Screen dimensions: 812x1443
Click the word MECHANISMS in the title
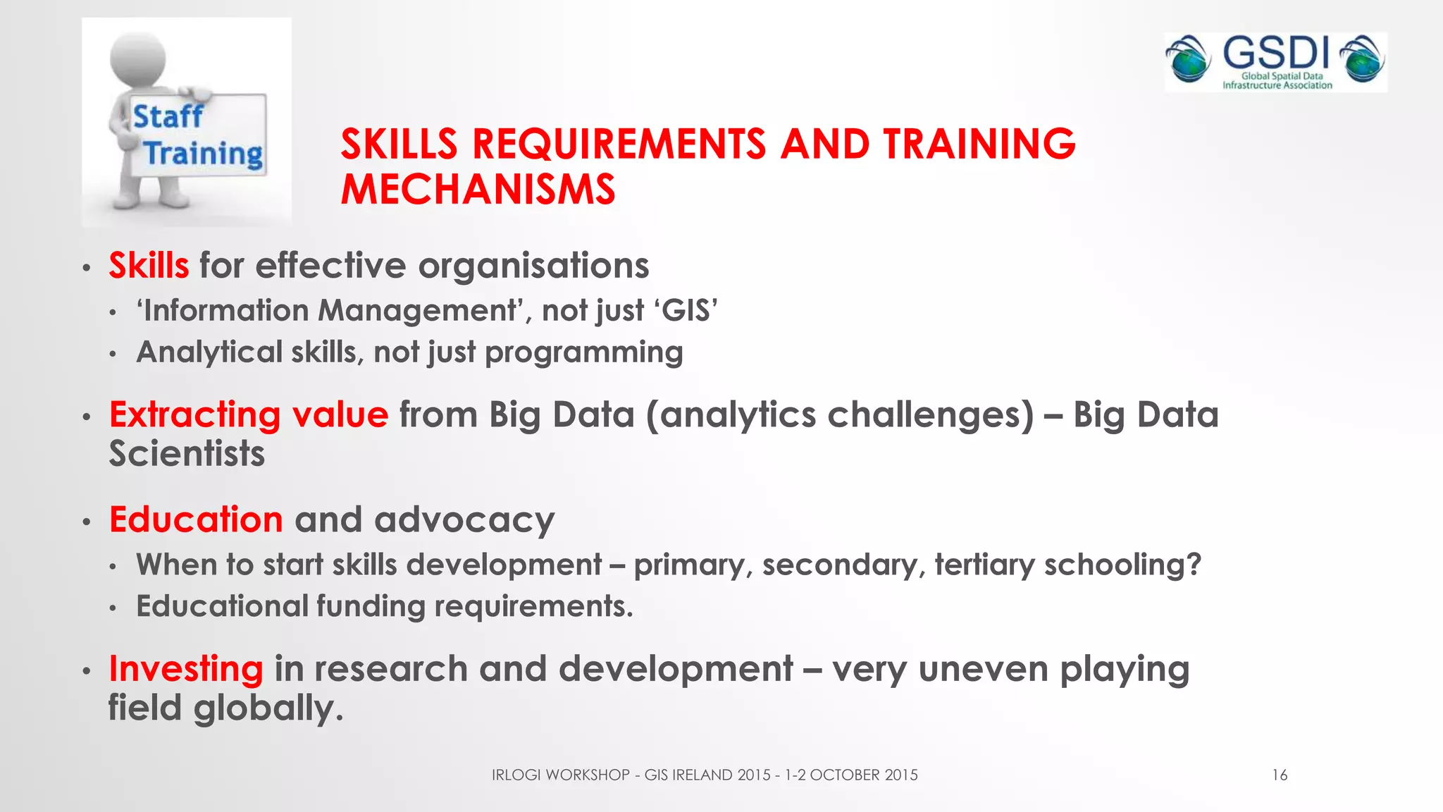point(478,190)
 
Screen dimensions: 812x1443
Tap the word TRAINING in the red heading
point(979,144)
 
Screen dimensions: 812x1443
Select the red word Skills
point(149,266)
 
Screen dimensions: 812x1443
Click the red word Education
point(196,519)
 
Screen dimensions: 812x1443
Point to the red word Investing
point(186,669)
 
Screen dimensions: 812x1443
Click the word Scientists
point(187,453)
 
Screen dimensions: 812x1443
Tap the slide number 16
point(1280,775)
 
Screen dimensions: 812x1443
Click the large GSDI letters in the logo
point(1275,54)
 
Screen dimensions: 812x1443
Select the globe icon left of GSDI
point(1188,59)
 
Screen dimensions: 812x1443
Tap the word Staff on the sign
point(168,116)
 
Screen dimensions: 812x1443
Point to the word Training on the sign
point(203,154)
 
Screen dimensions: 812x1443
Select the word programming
point(583,352)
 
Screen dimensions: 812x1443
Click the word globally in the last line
point(267,708)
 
